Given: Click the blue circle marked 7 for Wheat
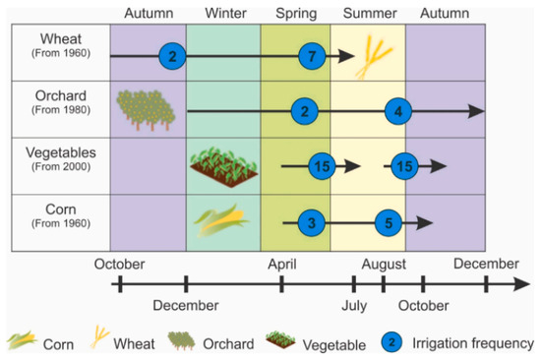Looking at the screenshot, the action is pyautogui.click(x=312, y=56).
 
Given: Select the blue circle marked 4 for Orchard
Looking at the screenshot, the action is pyautogui.click(x=398, y=111).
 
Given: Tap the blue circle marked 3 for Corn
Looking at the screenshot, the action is pyautogui.click(x=312, y=223).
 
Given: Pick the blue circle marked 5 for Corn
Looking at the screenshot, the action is pyautogui.click(x=389, y=223).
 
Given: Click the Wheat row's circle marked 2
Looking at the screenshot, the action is pyautogui.click(x=172, y=56).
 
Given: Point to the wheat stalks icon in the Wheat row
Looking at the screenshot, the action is pyautogui.click(x=374, y=57).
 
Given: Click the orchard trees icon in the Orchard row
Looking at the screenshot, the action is pyautogui.click(x=146, y=110).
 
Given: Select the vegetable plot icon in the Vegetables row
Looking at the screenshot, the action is pyautogui.click(x=224, y=166).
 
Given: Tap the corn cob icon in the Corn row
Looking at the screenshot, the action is pyautogui.click(x=221, y=220).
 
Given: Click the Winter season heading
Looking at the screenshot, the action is pyautogui.click(x=225, y=13).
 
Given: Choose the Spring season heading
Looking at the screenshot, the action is pyautogui.click(x=296, y=14).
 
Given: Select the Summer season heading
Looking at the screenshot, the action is pyautogui.click(x=370, y=13).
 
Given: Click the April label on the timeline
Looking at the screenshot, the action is pyautogui.click(x=282, y=265).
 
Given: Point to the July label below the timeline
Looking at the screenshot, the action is pyautogui.click(x=354, y=306).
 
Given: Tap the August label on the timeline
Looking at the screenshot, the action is pyautogui.click(x=384, y=265).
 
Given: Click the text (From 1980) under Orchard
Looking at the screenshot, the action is pyautogui.click(x=61, y=110).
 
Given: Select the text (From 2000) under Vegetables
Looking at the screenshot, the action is pyautogui.click(x=61, y=166).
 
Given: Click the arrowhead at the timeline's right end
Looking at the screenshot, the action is pyautogui.click(x=521, y=284).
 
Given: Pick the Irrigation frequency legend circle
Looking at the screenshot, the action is pyautogui.click(x=391, y=342).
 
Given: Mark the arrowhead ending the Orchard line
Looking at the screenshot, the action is pyautogui.click(x=476, y=111).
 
